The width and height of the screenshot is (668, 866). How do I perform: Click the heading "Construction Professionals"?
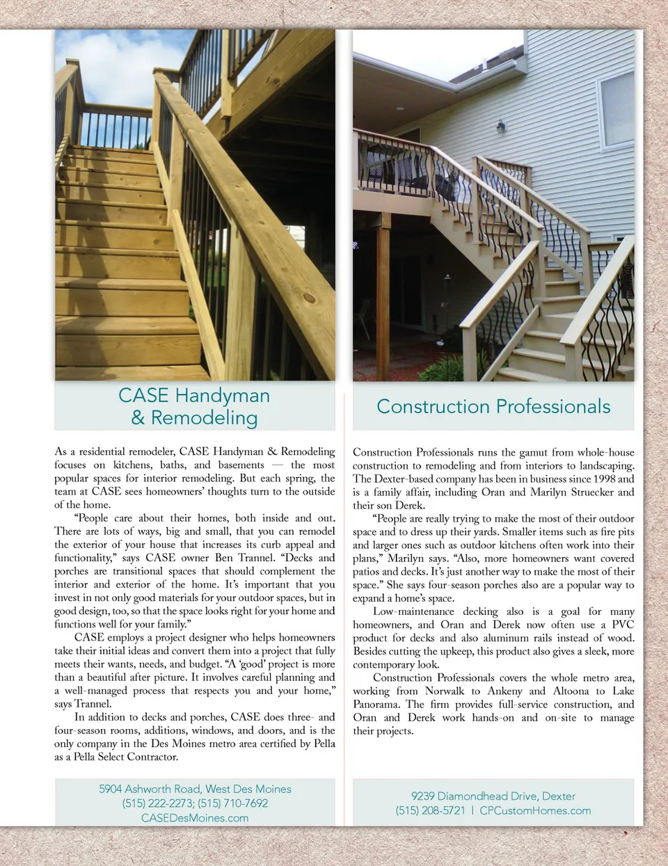tap(493, 406)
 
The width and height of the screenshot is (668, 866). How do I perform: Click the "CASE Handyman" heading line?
tap(194, 395)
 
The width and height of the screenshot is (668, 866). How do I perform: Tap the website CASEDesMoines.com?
tap(195, 818)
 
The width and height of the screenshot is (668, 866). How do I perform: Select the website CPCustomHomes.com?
tap(535, 810)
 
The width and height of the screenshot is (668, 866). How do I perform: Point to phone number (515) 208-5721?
tap(430, 810)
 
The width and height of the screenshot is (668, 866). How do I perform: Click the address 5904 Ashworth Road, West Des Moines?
tap(195, 789)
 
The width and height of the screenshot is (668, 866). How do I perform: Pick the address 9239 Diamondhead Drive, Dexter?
tap(493, 796)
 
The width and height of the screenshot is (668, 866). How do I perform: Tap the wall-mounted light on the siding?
tap(500, 127)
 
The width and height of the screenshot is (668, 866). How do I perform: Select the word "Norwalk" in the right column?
tap(444, 691)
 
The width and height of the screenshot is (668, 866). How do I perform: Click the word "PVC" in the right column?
tap(623, 625)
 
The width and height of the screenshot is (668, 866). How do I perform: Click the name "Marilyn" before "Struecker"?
tap(530, 492)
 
